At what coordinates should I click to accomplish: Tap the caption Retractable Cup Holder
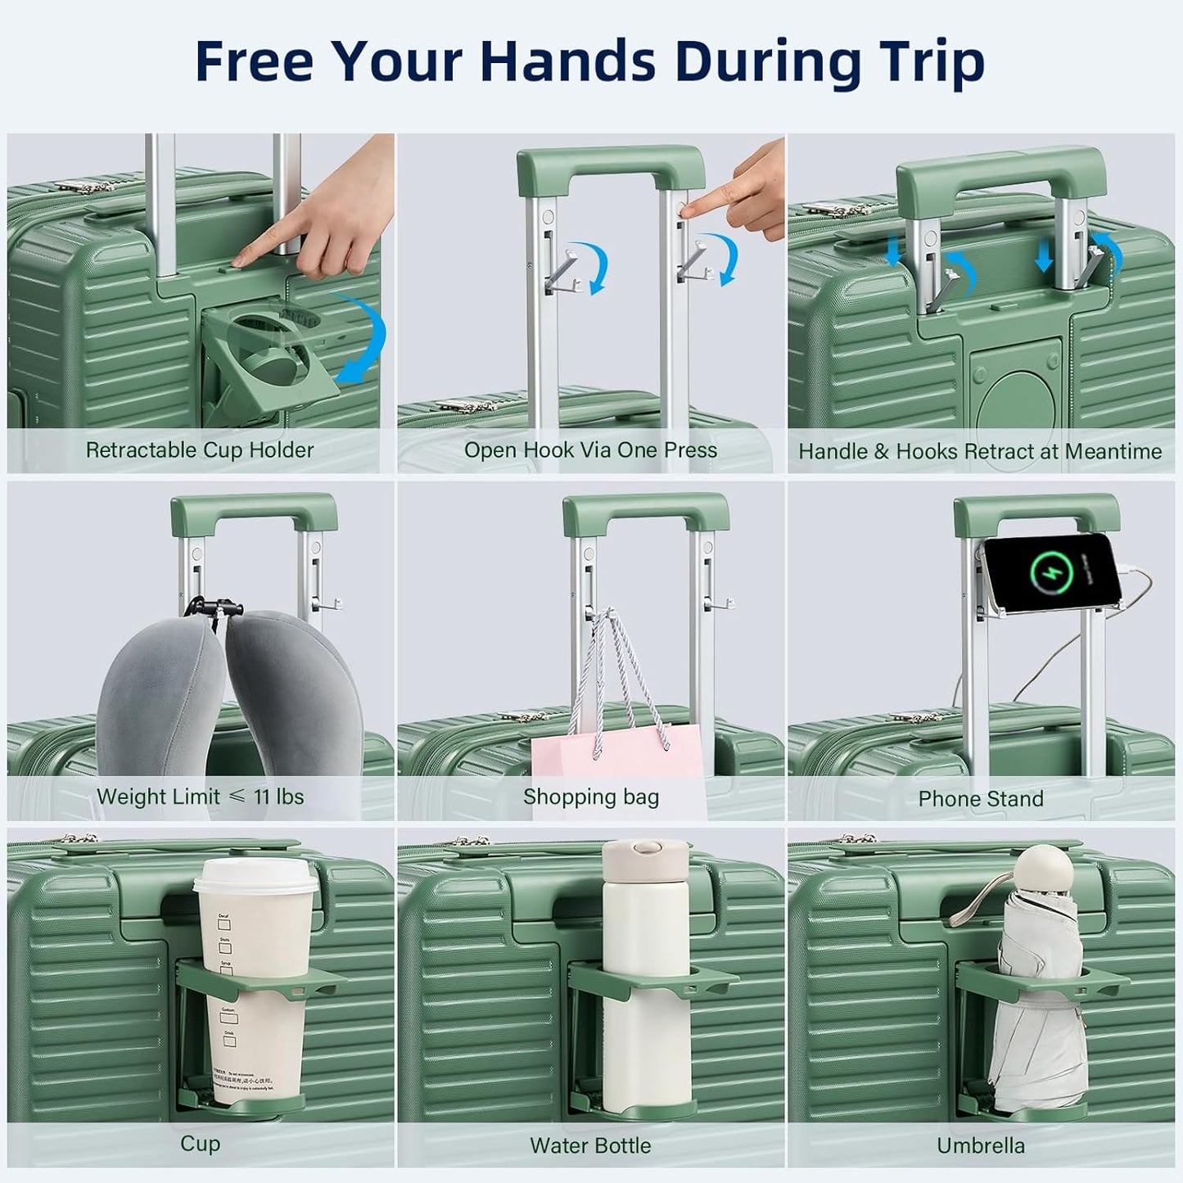point(200,450)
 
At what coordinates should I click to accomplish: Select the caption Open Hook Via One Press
point(590,450)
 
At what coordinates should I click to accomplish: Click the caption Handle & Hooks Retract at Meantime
point(980,452)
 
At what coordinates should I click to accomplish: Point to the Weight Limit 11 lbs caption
point(200,797)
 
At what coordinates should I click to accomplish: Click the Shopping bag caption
point(590,797)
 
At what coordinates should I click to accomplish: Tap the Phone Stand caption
point(980,798)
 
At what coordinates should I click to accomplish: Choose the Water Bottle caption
point(590,1145)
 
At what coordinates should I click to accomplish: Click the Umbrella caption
point(980,1145)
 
